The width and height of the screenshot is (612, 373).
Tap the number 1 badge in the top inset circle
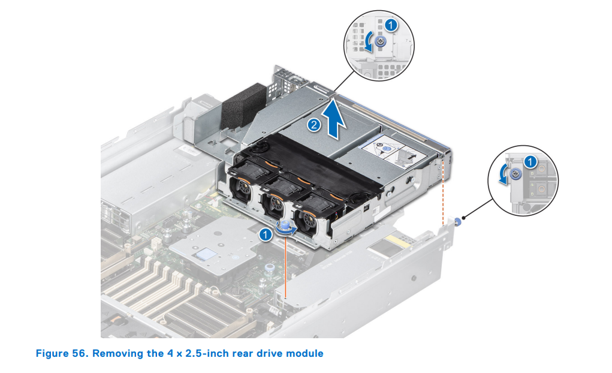[x=390, y=26]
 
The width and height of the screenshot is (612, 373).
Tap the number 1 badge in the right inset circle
[x=530, y=161]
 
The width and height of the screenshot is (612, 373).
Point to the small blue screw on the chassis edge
[x=457, y=221]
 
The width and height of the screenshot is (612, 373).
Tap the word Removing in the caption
[x=116, y=353]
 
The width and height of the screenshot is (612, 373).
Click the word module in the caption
[x=305, y=353]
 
